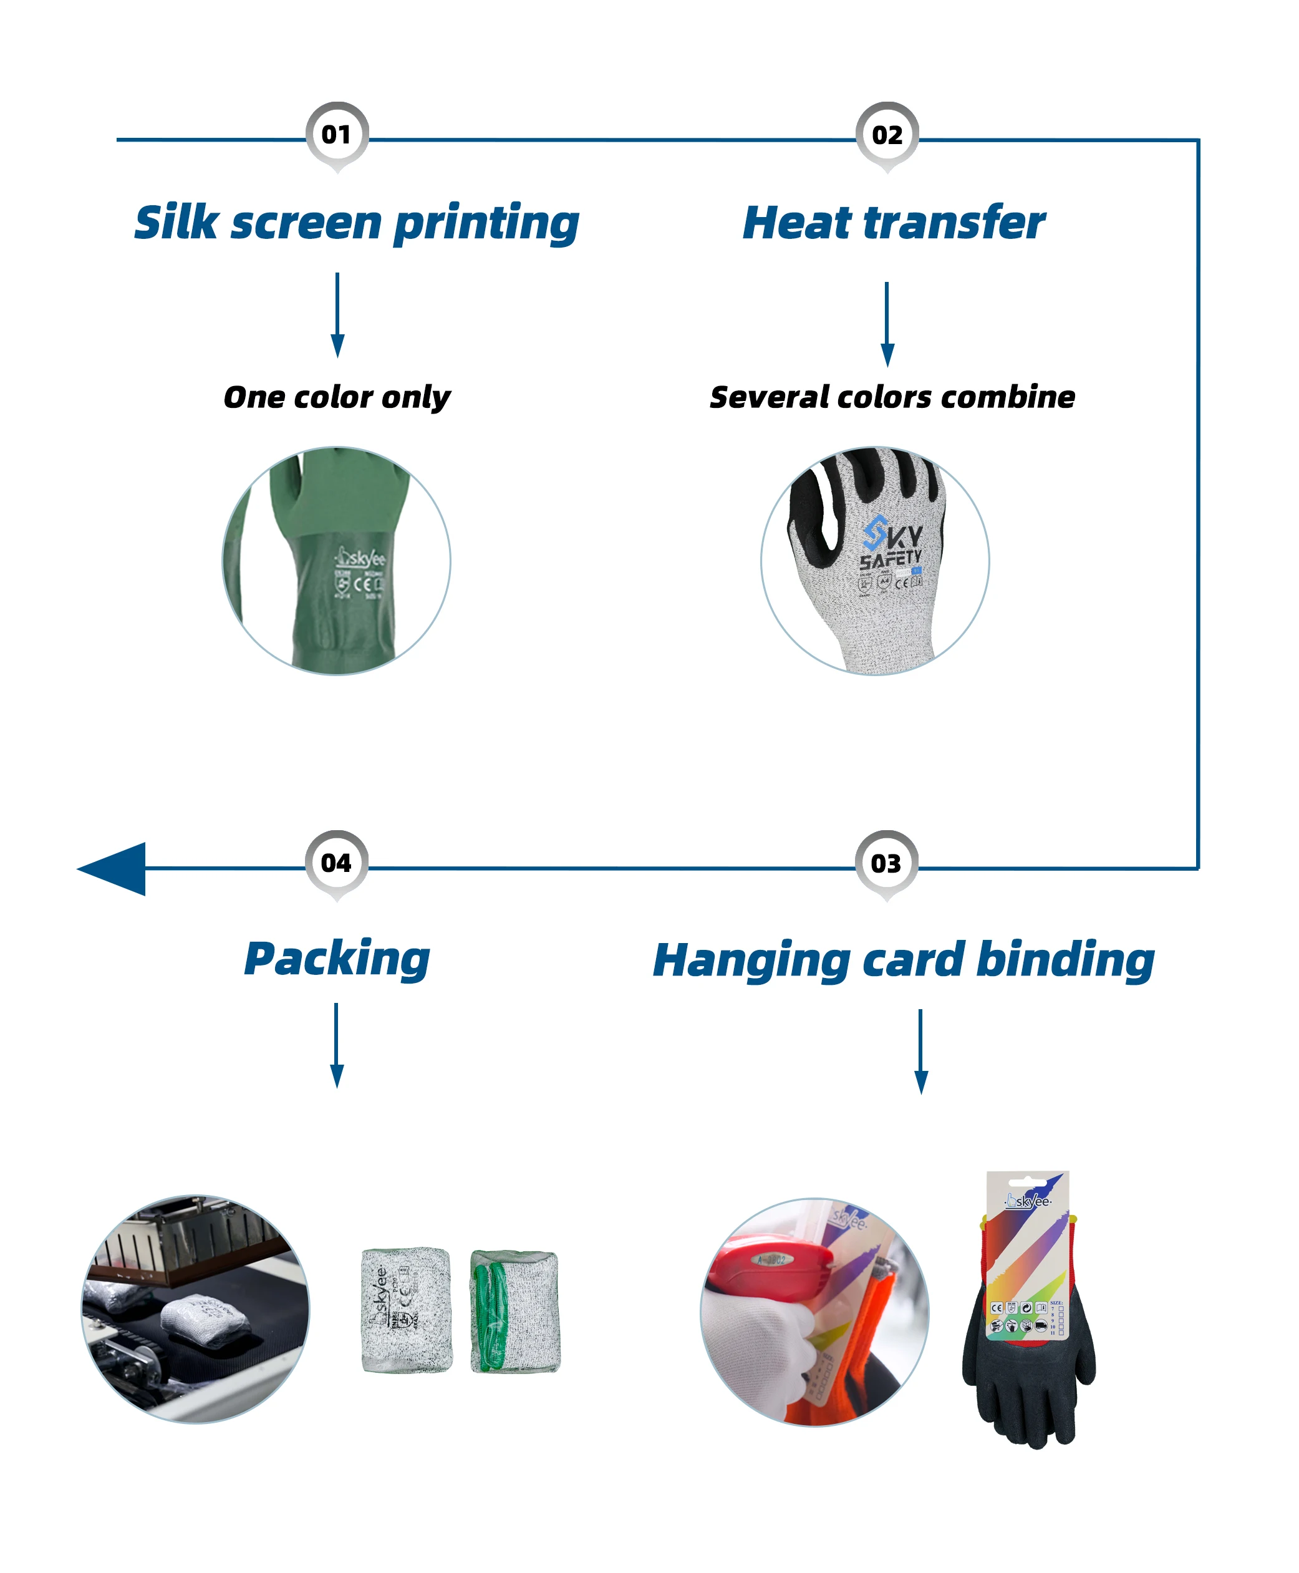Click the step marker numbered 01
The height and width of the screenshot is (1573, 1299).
337,135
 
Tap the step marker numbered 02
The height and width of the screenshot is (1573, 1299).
887,135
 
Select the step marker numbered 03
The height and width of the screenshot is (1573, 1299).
886,864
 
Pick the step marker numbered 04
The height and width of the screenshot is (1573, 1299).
336,863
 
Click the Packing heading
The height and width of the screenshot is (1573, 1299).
337,959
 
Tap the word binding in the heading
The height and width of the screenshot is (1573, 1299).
1066,959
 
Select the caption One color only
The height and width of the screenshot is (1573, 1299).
337,397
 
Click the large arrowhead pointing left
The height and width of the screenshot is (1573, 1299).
112,868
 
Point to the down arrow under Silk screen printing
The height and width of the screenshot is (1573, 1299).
337,314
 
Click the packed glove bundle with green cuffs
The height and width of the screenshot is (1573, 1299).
515,1310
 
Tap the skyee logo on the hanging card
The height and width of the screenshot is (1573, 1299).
1028,1201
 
